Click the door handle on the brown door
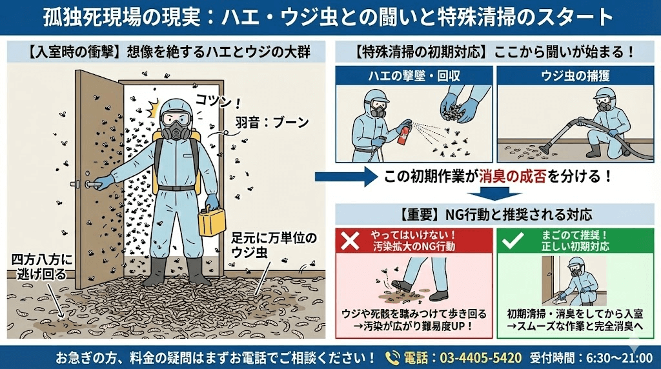click(96, 183)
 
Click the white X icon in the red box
click(351, 241)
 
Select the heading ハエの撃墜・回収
click(414, 76)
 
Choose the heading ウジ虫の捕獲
click(576, 76)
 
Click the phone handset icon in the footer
click(392, 357)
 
